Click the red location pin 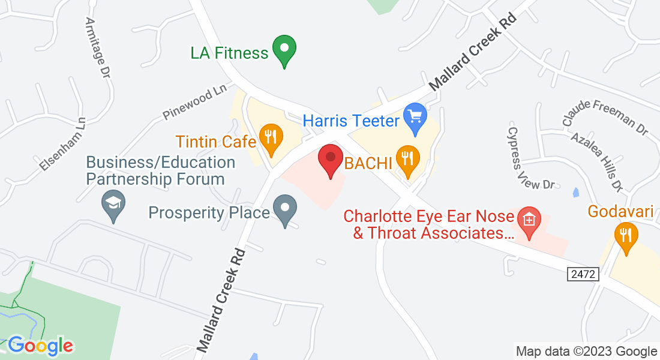(330, 160)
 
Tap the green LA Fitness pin (284, 50)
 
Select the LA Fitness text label (229, 53)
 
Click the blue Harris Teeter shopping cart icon (415, 117)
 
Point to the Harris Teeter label (351, 121)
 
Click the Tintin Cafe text (216, 142)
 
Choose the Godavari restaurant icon (625, 236)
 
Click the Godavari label (620, 212)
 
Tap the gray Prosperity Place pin (284, 210)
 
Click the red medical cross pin (529, 221)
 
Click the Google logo (40, 346)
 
